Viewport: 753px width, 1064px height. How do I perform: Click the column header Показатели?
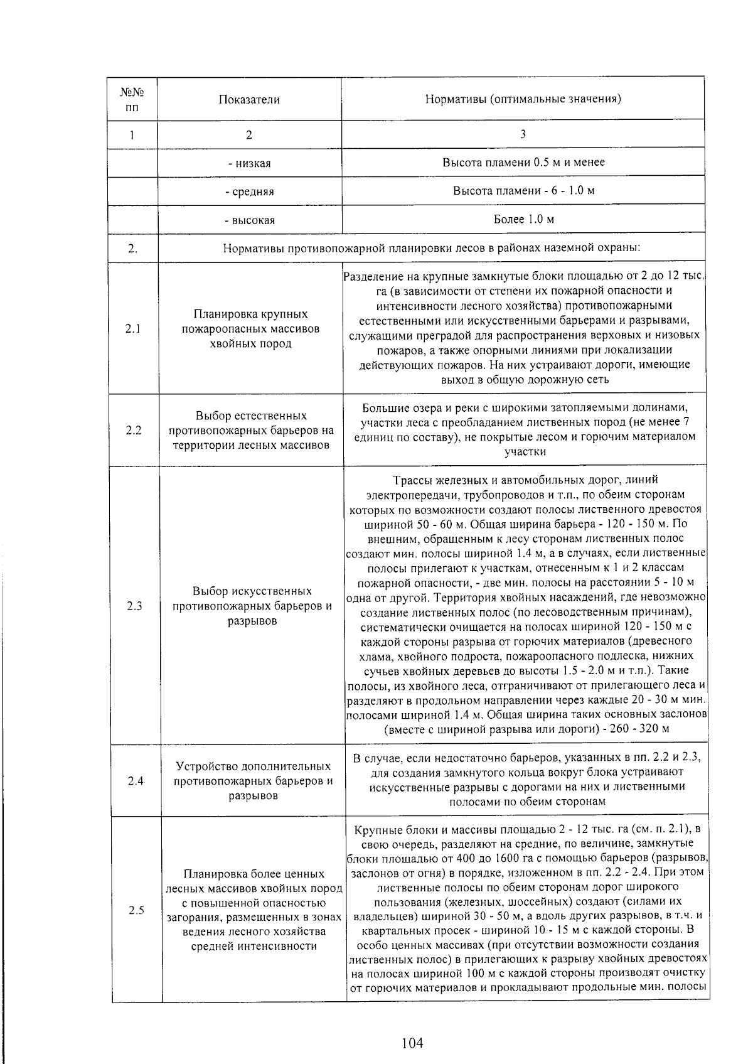249,99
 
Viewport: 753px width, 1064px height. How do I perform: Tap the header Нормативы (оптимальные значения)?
523,99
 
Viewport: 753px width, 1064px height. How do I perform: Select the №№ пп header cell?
132,99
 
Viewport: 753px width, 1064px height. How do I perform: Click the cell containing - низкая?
249,163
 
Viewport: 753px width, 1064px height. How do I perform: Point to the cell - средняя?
249,191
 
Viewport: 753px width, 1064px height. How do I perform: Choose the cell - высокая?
249,220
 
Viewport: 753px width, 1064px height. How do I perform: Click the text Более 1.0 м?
523,219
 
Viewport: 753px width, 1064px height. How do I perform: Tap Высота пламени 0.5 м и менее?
523,162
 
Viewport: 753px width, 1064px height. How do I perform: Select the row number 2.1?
133,329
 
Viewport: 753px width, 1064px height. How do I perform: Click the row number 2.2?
133,431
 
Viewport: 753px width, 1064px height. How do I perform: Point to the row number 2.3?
134,606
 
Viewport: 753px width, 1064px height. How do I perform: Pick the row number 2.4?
135,781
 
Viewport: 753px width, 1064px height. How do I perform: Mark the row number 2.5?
136,910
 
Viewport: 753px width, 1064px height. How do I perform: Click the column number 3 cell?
523,134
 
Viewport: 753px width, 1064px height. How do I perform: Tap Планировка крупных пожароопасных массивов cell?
250,329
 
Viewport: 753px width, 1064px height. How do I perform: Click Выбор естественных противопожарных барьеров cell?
250,431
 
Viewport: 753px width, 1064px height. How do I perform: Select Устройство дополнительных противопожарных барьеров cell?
253,781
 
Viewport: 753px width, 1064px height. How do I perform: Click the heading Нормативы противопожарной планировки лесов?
432,248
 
